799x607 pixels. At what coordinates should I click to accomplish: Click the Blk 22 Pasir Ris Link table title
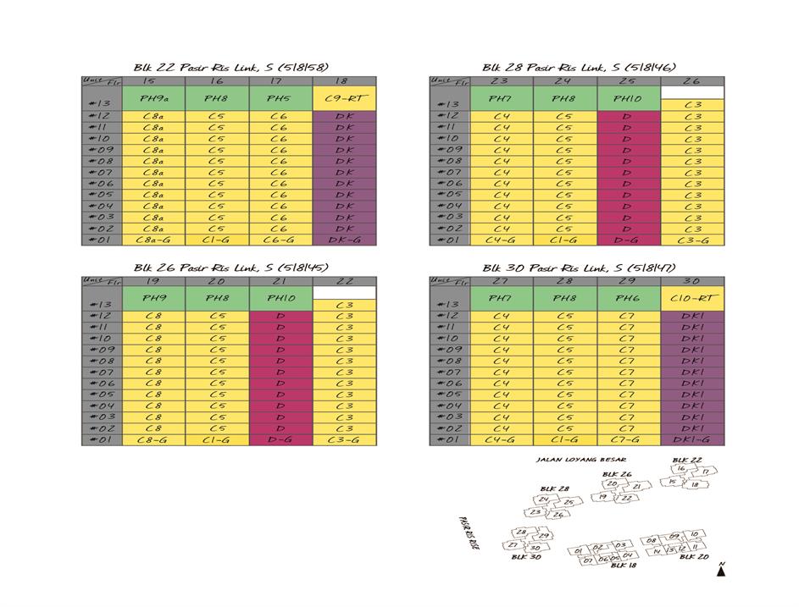click(x=230, y=67)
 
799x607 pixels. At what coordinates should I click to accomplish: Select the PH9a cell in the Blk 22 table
click(x=154, y=99)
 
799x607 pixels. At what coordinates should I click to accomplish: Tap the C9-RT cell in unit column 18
click(x=345, y=99)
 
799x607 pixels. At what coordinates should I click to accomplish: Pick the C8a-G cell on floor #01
click(x=154, y=240)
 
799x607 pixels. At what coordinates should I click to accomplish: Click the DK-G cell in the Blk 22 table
click(x=345, y=240)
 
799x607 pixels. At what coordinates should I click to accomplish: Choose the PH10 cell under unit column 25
click(x=629, y=99)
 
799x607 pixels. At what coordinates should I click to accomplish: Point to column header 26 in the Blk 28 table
click(x=692, y=80)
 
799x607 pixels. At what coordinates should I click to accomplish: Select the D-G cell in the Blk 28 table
click(x=629, y=240)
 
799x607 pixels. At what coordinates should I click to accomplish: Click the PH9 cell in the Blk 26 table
click(x=154, y=299)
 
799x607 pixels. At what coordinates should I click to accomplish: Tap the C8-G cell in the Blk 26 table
click(x=154, y=439)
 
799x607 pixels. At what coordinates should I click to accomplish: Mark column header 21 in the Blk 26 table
click(x=281, y=281)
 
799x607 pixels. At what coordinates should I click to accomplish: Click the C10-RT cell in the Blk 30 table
click(x=692, y=299)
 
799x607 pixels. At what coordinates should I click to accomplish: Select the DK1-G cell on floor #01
click(x=692, y=439)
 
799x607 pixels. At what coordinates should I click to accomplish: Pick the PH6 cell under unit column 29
click(x=629, y=299)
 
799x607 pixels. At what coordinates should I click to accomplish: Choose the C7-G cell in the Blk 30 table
click(x=629, y=439)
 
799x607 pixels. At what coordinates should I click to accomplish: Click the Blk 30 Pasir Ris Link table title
click(x=580, y=267)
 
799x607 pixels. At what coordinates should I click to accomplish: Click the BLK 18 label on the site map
click(x=624, y=566)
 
